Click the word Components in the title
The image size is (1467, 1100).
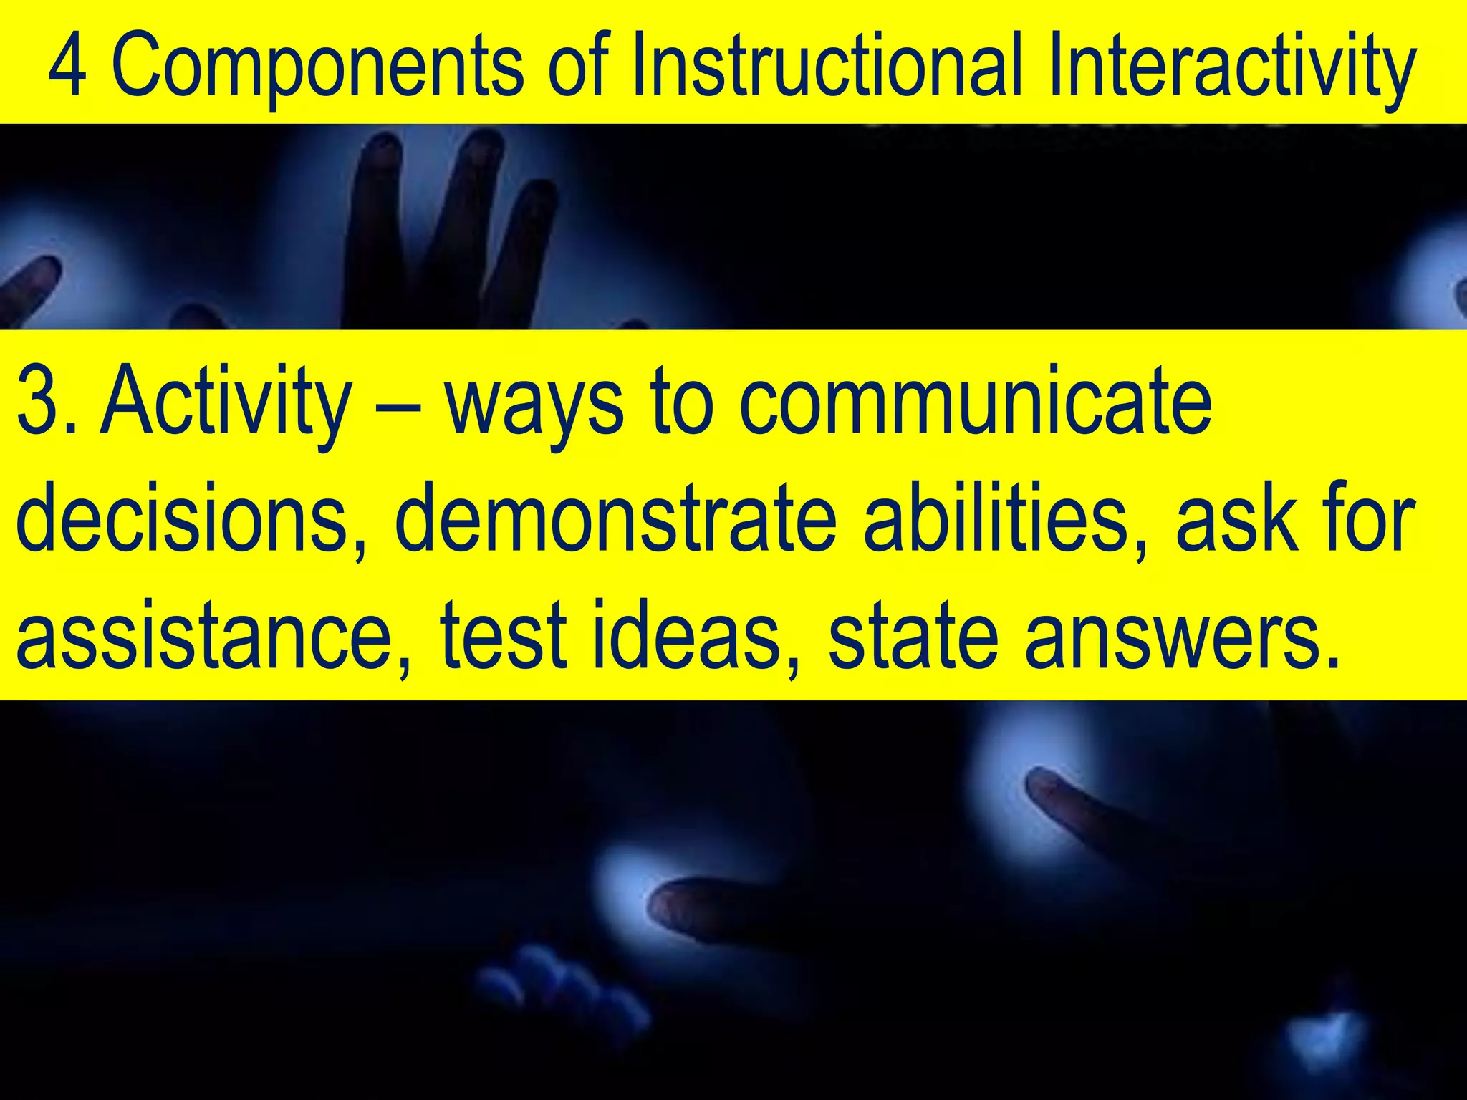[x=317, y=68]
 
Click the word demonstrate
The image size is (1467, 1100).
[x=616, y=516]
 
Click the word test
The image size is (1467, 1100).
[x=504, y=634]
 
